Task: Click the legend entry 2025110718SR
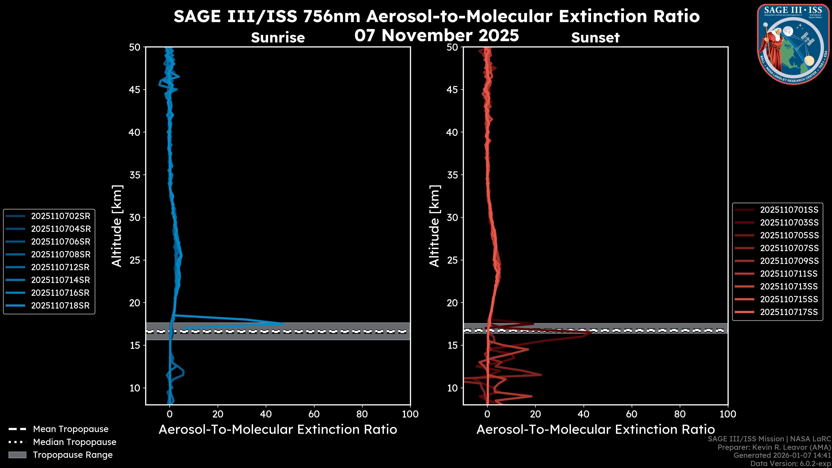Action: tap(60, 305)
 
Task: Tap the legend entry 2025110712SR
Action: tap(60, 267)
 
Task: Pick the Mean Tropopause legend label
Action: tap(71, 429)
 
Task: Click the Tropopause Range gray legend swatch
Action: tap(17, 455)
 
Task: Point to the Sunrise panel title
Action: tap(278, 38)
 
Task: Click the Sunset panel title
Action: tap(595, 38)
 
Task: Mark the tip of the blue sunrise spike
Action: tap(284, 323)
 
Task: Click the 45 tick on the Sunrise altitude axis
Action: tap(135, 90)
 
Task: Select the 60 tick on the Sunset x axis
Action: tap(631, 414)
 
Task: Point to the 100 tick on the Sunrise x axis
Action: tap(410, 414)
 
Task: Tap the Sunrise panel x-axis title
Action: tap(278, 430)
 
